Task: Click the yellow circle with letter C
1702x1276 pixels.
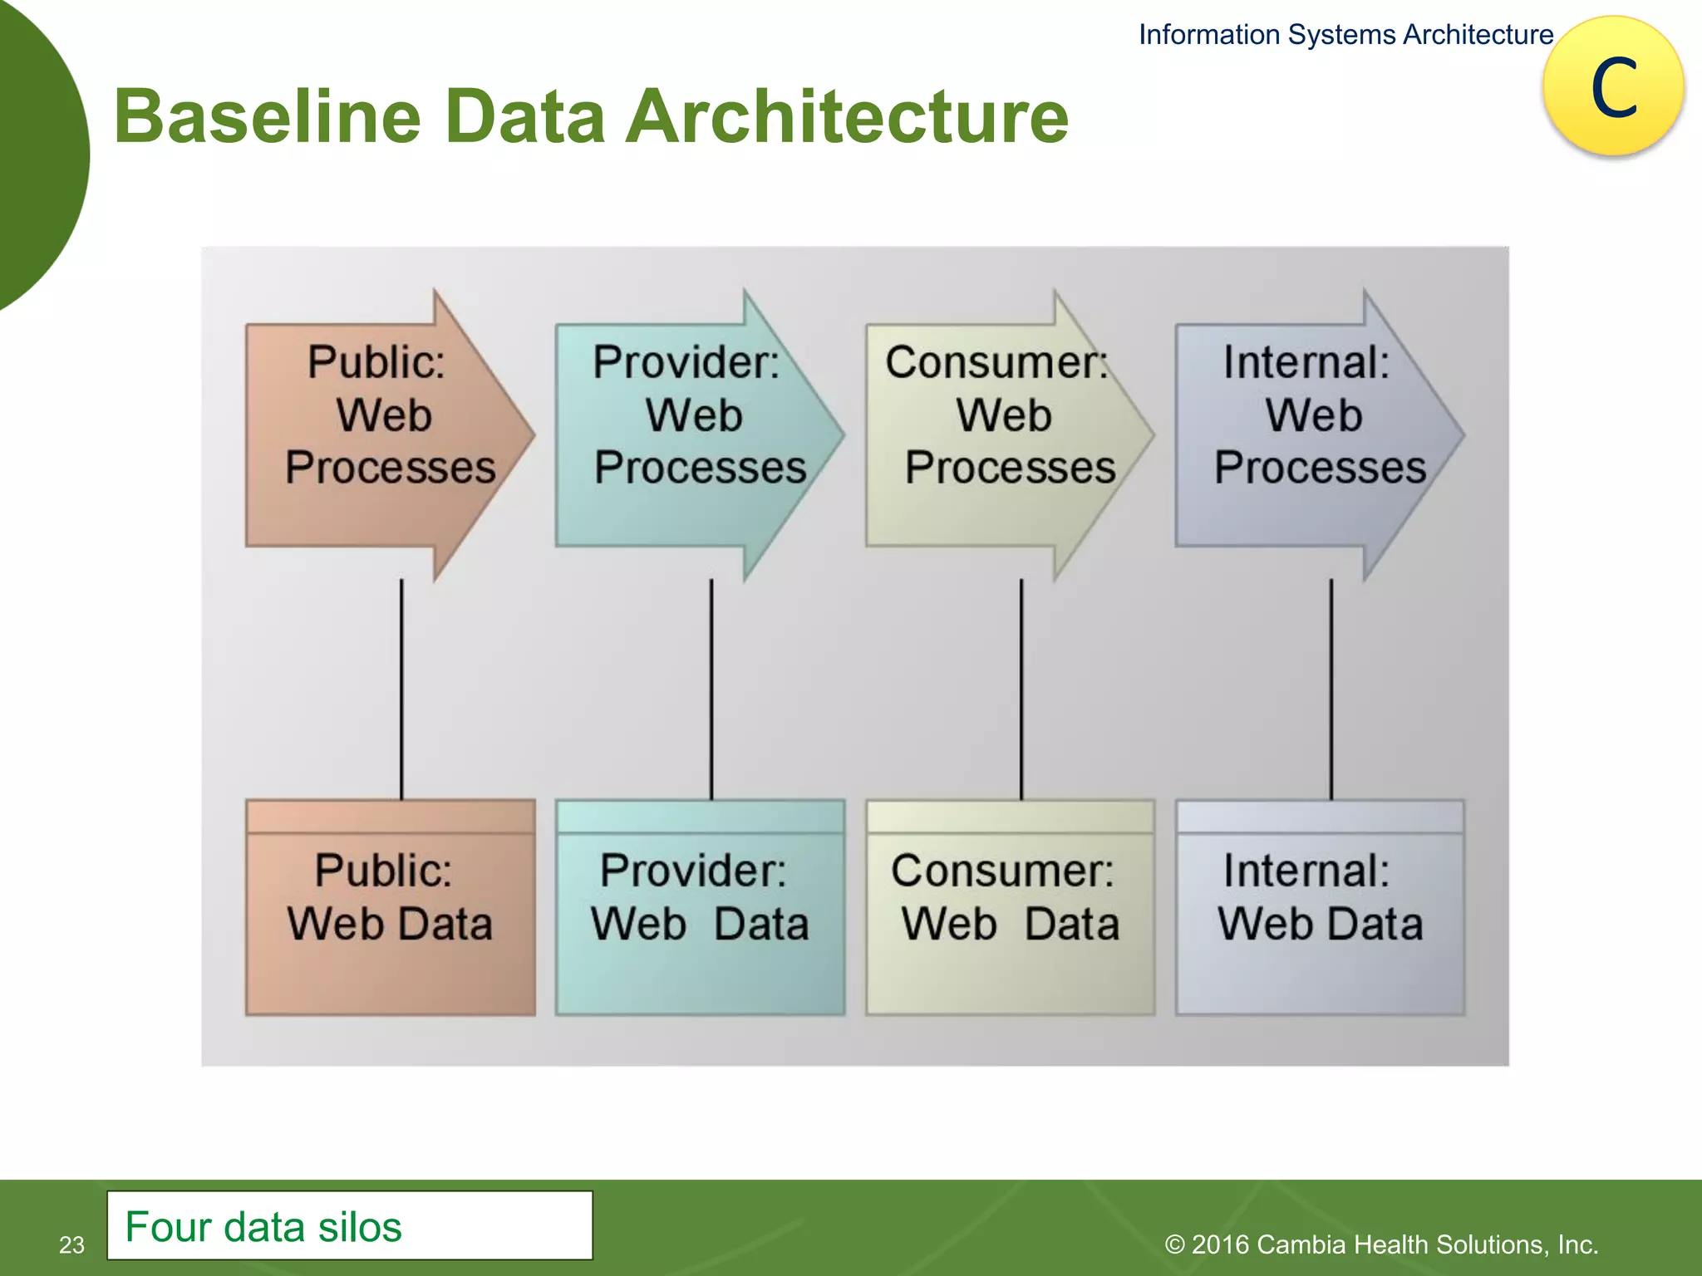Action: [x=1613, y=86]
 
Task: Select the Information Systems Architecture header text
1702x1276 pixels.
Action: [x=1345, y=35]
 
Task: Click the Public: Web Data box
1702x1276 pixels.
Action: [x=390, y=907]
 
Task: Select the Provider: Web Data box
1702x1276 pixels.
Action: [x=700, y=907]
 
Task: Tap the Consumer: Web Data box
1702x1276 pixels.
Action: [x=1010, y=907]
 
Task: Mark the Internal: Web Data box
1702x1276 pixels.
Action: [x=1320, y=907]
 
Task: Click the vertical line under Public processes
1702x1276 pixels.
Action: [x=401, y=690]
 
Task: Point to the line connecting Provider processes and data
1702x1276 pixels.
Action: [x=711, y=690]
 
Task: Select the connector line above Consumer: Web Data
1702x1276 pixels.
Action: [x=1021, y=690]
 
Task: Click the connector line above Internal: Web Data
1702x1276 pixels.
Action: [x=1331, y=690]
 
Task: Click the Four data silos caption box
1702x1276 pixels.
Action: [x=349, y=1225]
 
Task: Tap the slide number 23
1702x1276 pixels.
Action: [x=71, y=1244]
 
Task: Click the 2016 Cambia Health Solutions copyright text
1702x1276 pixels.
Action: [x=1381, y=1244]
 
